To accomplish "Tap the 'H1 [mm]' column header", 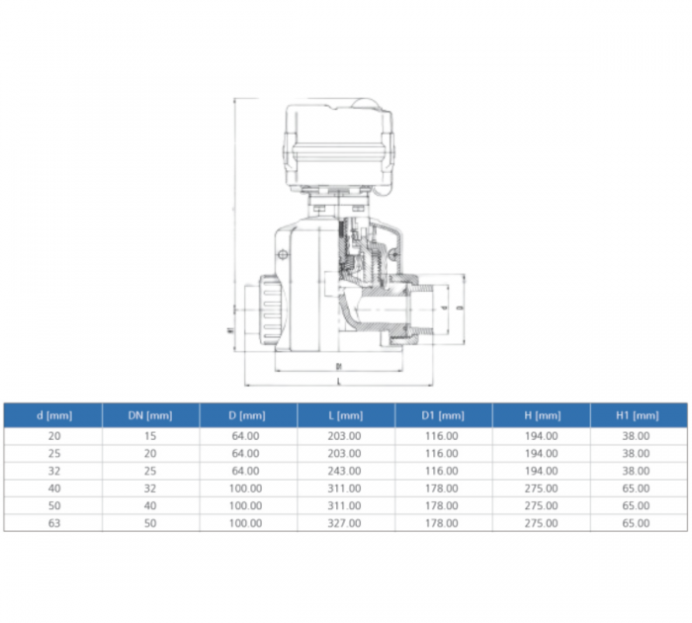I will (x=638, y=415).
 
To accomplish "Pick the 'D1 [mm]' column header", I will (x=442, y=415).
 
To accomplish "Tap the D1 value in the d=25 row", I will (x=442, y=452).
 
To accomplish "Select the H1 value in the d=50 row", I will (x=638, y=505).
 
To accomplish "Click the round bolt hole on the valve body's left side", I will (x=283, y=255).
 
